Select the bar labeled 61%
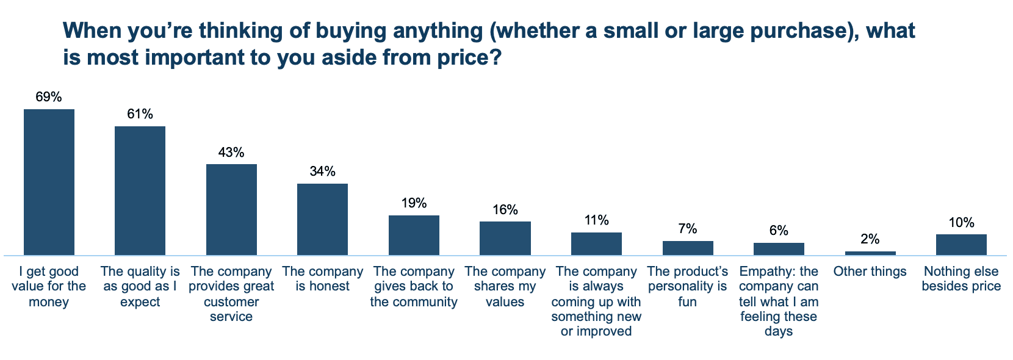[140, 190]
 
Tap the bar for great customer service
[231, 209]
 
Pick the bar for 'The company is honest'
[322, 219]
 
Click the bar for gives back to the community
[414, 235]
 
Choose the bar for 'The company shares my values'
[505, 238]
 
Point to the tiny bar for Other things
[870, 253]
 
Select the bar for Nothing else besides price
[961, 244]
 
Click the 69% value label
[49, 97]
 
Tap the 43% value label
[231, 152]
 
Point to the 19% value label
[414, 203]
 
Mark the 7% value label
[687, 229]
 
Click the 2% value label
[870, 239]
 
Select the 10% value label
[961, 223]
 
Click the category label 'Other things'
[870, 272]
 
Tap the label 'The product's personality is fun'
[687, 286]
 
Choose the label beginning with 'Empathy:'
[779, 301]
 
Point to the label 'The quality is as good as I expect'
[140, 286]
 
